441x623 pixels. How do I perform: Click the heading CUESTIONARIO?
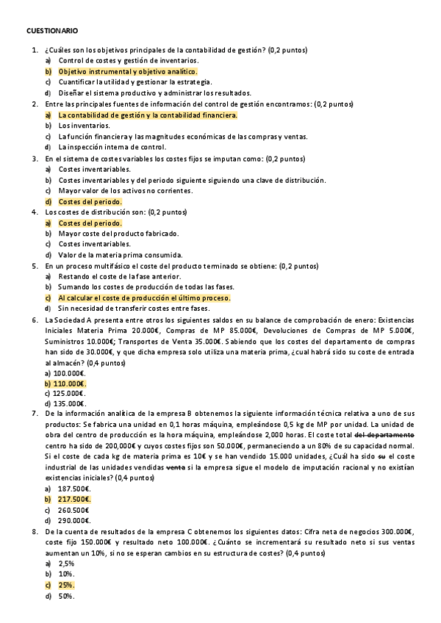(51, 31)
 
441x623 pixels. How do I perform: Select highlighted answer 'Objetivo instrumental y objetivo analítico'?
(127, 71)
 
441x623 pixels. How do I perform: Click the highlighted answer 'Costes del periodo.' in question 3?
(90, 201)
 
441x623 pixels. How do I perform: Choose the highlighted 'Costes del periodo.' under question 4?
(90, 223)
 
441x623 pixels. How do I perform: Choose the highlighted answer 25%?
(66, 586)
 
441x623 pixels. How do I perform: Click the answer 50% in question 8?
(66, 596)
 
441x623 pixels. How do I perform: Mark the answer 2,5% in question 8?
(66, 563)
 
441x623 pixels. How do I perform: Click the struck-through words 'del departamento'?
(387, 435)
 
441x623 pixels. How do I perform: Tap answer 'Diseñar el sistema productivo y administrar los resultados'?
(154, 93)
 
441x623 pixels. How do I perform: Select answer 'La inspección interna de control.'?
(118, 147)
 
